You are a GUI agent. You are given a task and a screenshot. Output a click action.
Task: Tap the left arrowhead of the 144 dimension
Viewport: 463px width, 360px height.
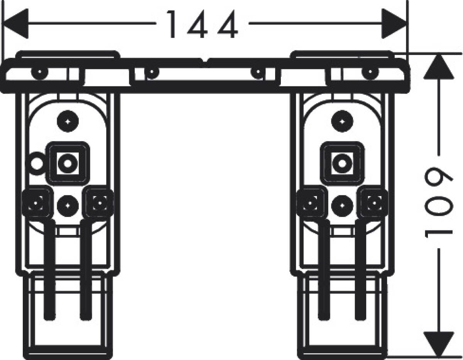coord(15,24)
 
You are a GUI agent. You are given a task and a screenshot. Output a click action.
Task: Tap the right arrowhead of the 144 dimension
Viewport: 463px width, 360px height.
coord(394,24)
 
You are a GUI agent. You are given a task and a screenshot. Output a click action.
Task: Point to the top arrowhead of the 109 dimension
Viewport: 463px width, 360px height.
coord(439,67)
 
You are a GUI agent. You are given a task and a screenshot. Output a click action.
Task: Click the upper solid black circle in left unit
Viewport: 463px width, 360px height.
coord(68,121)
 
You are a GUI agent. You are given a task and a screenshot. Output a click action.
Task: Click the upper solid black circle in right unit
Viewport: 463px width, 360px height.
coord(342,121)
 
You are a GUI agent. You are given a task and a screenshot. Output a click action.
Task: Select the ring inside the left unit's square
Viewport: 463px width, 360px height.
coord(68,163)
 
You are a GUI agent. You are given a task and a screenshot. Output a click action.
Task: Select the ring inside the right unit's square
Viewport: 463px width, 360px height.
coord(342,163)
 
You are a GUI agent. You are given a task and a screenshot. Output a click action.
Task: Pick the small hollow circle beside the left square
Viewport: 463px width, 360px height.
coord(36,164)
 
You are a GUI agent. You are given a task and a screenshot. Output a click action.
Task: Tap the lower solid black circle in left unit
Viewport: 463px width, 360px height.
coord(68,206)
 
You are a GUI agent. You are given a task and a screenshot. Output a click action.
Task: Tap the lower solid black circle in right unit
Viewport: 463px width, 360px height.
coord(342,206)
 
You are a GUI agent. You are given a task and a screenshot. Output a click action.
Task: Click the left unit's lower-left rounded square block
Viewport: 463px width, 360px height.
coord(36,203)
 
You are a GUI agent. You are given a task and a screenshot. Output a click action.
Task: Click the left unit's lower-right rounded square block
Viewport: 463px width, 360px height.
coord(99,203)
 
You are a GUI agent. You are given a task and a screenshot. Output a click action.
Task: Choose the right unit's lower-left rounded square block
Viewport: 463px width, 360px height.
coord(310,203)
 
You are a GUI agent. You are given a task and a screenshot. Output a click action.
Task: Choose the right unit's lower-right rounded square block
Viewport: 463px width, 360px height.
coord(374,203)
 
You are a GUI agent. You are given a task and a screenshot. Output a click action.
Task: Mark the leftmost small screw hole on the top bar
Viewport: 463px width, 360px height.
coord(40,72)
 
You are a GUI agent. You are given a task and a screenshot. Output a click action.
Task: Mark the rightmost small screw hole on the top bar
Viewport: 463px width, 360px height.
coord(370,72)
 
